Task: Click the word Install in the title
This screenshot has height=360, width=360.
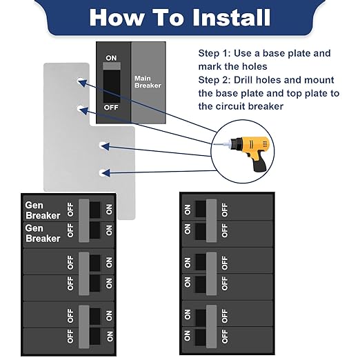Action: (x=231, y=17)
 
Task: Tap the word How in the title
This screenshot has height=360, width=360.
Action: (x=117, y=17)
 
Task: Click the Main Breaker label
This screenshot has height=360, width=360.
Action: (x=148, y=82)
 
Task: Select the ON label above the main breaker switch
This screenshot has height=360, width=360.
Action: (x=111, y=58)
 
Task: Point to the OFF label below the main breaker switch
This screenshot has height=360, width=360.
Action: (x=111, y=108)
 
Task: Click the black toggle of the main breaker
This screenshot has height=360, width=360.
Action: (x=112, y=86)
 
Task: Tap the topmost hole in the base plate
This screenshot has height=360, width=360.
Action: (x=80, y=81)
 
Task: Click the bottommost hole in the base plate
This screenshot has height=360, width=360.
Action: (x=103, y=173)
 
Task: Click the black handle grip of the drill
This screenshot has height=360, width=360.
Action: (x=260, y=163)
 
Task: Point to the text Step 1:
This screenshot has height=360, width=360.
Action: (x=214, y=53)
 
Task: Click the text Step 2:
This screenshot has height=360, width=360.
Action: (x=214, y=80)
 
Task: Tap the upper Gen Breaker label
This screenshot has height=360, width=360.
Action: (x=43, y=210)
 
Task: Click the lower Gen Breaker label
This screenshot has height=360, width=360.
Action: (x=43, y=233)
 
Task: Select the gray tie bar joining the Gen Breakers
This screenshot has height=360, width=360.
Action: (x=84, y=221)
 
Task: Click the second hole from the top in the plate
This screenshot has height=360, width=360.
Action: (x=80, y=108)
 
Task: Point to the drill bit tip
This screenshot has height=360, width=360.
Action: (x=214, y=144)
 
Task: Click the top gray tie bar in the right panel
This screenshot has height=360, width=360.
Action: (x=212, y=221)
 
